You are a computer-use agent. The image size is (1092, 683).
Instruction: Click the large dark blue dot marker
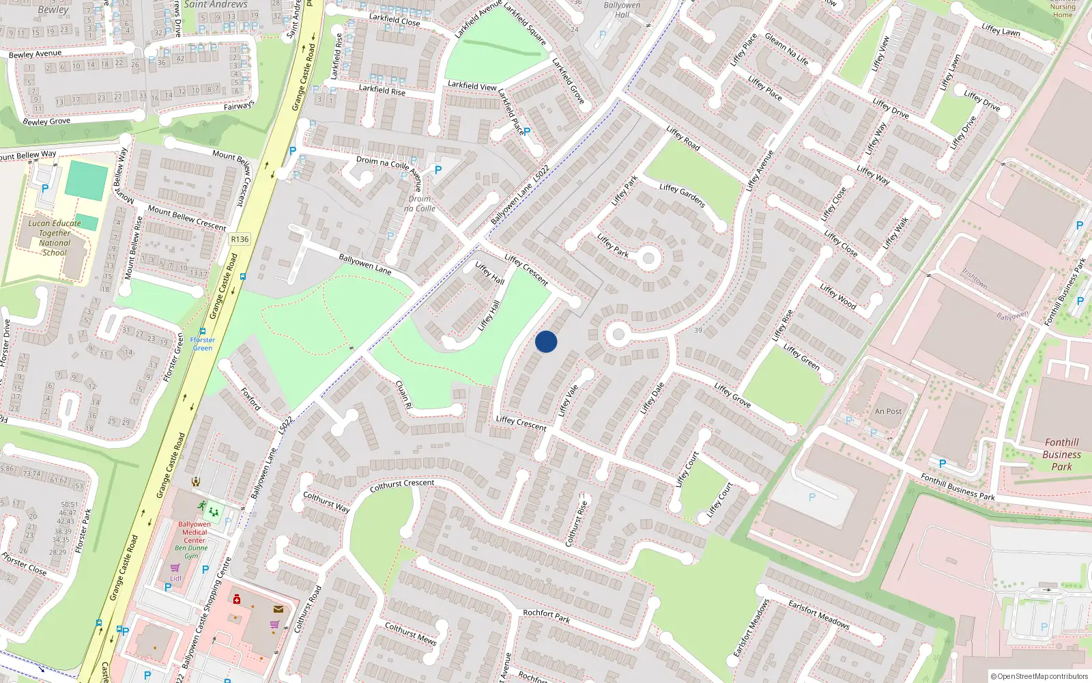point(546,341)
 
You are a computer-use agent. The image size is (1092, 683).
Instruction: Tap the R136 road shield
point(240,239)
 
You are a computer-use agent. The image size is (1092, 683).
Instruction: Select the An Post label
point(888,411)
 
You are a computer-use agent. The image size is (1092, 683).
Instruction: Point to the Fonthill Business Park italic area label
point(1061,454)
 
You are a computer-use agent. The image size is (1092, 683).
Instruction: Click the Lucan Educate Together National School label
point(55,238)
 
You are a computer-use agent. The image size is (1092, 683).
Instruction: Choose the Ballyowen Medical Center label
point(195,532)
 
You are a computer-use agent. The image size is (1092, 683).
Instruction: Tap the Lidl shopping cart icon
point(175,568)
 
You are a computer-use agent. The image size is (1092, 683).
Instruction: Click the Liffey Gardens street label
point(682,196)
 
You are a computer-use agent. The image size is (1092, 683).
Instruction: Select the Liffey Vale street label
point(568,400)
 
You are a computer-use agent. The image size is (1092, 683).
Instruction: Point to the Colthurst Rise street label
point(577,524)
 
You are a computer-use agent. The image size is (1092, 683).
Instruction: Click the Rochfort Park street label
point(546,615)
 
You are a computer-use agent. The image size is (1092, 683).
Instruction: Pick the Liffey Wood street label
point(838,296)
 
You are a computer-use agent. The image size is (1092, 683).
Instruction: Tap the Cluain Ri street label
point(404,394)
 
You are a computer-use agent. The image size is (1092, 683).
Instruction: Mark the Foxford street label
point(250,398)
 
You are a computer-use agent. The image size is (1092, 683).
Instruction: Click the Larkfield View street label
point(472,86)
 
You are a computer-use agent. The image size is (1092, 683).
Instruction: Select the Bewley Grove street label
point(46,122)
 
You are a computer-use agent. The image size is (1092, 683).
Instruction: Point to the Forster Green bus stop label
point(202,344)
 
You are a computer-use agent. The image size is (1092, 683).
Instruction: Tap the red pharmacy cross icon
point(237,599)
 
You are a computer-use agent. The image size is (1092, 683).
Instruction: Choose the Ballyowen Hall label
point(622,10)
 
